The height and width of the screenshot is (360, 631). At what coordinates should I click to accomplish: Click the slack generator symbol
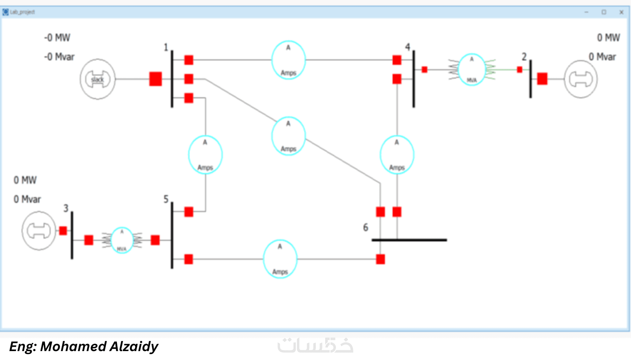[x=98, y=79]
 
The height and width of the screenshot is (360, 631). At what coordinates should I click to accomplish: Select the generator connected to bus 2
[x=581, y=79]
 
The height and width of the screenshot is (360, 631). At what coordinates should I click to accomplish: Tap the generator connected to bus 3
[x=39, y=230]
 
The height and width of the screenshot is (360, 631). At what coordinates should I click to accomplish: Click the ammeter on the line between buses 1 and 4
[x=288, y=60]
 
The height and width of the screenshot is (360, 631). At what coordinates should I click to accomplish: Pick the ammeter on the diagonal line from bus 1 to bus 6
[x=288, y=136]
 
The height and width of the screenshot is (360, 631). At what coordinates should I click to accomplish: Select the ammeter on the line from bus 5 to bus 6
[x=280, y=259]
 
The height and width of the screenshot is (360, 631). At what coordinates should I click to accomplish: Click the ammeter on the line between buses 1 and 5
[x=205, y=155]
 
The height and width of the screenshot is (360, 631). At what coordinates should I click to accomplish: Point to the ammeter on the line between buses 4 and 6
[x=397, y=155]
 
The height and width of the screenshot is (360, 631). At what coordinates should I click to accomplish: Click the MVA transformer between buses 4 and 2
[x=472, y=69]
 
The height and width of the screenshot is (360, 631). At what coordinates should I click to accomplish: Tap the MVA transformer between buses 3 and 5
[x=122, y=240]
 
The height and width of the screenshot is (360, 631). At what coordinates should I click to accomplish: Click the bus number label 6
[x=366, y=227]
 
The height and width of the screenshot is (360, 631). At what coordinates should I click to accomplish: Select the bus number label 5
[x=166, y=199]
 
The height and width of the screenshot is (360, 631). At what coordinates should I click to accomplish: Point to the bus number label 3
[x=66, y=208]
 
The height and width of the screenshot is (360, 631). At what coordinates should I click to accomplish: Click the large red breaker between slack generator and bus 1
[x=156, y=79]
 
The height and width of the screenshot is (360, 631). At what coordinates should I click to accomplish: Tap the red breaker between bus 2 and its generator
[x=542, y=79]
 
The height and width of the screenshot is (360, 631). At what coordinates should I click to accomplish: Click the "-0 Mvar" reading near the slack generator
[x=59, y=57]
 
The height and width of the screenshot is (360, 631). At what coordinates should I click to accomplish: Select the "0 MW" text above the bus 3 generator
[x=25, y=180]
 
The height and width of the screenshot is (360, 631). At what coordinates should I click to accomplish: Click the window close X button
[x=621, y=12]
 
